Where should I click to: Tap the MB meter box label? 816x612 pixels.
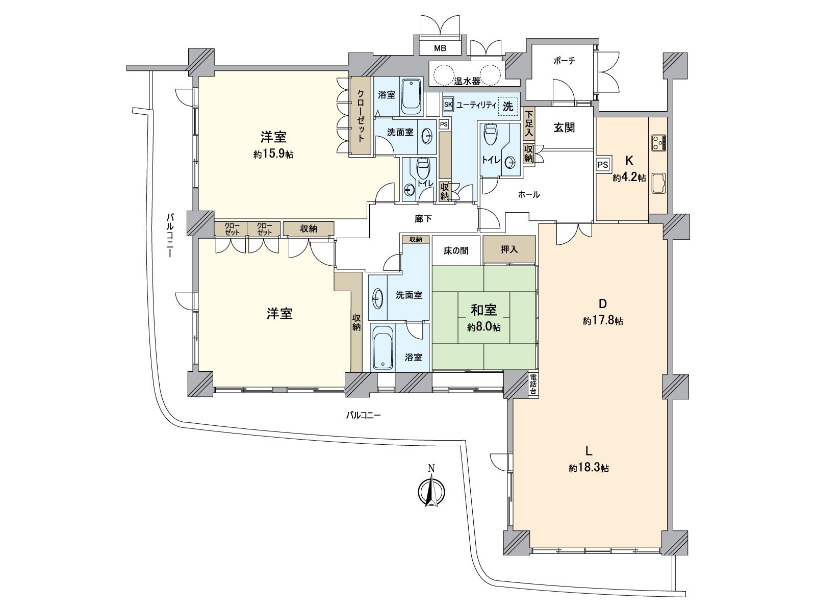[x=440, y=48]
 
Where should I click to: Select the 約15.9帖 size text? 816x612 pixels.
[x=273, y=154]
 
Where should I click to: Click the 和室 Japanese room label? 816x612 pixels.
[x=483, y=310]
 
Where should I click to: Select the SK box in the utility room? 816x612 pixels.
[x=448, y=105]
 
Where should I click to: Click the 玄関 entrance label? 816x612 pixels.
[x=565, y=127]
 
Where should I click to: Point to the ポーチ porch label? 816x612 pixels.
[x=564, y=61]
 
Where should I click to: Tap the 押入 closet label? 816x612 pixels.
[x=509, y=249]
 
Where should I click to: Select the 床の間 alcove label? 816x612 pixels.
[x=456, y=250]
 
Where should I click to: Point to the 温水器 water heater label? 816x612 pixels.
[x=467, y=81]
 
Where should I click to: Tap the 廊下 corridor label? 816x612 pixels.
[x=423, y=219]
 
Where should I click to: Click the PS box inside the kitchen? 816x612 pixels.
[x=603, y=165]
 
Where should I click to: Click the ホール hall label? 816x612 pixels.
[x=529, y=194]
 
